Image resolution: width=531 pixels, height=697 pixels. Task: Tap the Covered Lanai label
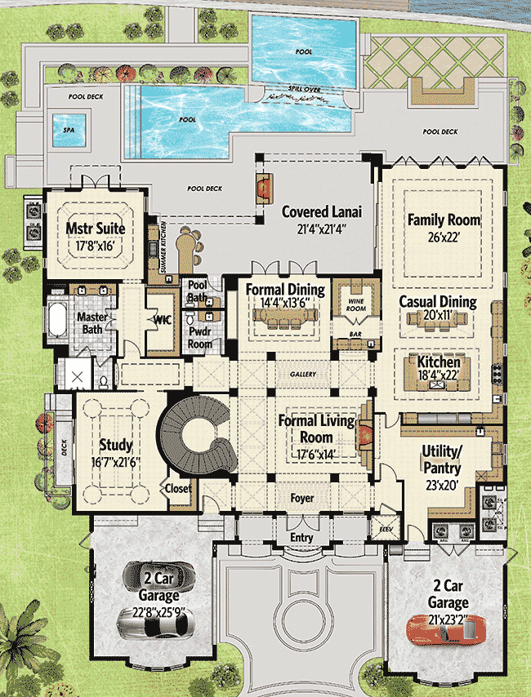pyautogui.click(x=322, y=211)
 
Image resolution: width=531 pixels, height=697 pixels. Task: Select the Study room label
pyautogui.click(x=116, y=446)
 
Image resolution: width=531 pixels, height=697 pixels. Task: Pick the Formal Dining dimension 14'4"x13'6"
pyautogui.click(x=285, y=304)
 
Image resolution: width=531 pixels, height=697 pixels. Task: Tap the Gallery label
pyautogui.click(x=303, y=374)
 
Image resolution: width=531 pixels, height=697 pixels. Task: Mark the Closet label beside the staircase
pyautogui.click(x=178, y=489)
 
